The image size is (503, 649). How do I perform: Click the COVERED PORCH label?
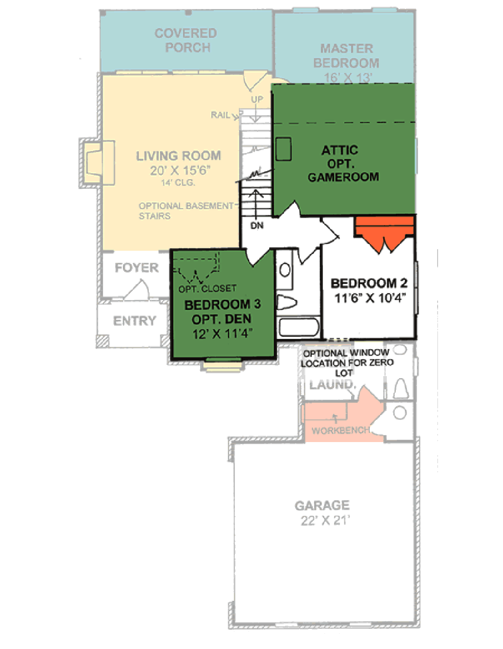(186, 40)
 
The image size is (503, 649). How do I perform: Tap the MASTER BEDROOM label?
(346, 56)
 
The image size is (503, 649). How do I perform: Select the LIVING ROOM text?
(179, 156)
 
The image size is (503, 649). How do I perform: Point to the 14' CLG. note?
(178, 183)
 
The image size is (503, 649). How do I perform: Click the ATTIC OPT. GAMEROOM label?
(343, 164)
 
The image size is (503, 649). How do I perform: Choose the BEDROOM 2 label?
(369, 283)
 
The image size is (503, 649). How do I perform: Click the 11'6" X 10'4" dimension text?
(370, 298)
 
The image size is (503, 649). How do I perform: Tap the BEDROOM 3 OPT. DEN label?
(222, 312)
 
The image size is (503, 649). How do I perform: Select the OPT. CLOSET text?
(207, 289)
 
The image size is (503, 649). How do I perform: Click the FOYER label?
(136, 268)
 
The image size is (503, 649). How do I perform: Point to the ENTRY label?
(134, 321)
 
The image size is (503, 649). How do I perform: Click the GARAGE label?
(322, 506)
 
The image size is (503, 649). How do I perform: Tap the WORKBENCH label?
(340, 431)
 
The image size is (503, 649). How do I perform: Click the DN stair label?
(257, 226)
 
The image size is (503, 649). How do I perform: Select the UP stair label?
(257, 99)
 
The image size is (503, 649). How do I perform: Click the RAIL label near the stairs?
(220, 115)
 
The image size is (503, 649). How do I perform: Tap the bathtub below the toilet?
(298, 327)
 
